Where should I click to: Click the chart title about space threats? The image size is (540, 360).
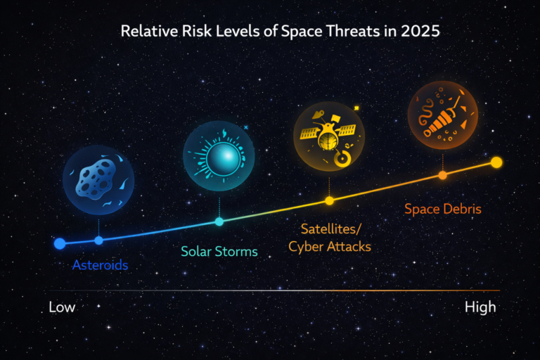tap(270, 32)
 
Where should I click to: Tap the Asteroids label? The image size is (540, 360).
tap(101, 265)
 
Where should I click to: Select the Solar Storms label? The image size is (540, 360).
tap(219, 251)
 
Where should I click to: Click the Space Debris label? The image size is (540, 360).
tap(443, 209)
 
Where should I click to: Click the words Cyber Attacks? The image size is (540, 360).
tap(330, 247)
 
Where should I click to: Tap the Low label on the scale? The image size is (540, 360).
tap(62, 307)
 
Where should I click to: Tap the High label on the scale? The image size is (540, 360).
tap(480, 307)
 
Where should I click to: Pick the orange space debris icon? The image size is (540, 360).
tap(443, 116)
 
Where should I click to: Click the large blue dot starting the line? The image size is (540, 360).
tap(60, 244)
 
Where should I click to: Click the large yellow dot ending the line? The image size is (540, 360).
tap(496, 162)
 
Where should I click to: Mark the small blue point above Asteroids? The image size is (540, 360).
tap(98, 240)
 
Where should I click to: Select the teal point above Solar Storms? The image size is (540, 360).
tap(219, 221)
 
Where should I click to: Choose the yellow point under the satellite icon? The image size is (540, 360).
tap(329, 201)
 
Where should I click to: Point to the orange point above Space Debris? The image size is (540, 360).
tap(443, 175)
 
